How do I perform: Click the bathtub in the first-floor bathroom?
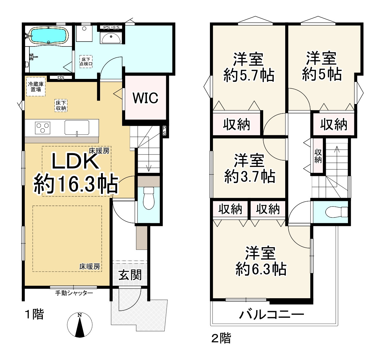(48, 35)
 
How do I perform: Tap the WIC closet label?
(145, 98)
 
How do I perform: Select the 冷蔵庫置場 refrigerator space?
(36, 87)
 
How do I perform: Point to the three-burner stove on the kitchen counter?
(43, 128)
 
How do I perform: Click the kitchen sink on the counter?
(77, 128)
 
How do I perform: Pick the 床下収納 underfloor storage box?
(61, 106)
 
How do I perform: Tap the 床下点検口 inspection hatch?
(86, 61)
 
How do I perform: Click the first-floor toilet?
(149, 198)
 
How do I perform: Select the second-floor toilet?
(337, 212)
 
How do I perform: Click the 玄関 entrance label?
(130, 275)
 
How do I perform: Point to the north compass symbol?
(80, 325)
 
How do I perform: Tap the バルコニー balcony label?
(271, 315)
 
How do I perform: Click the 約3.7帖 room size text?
(250, 176)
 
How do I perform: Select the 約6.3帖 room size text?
(261, 269)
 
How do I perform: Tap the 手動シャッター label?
(74, 293)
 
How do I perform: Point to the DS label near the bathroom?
(61, 77)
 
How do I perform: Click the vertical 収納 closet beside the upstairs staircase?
(318, 156)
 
